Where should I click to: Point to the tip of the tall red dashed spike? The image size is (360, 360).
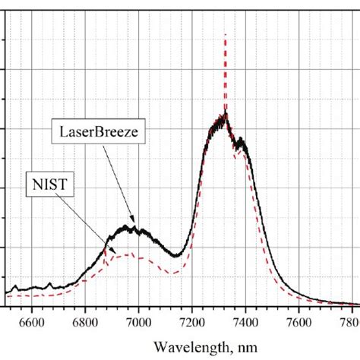(225, 35)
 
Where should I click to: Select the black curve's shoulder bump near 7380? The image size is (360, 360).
(240, 141)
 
